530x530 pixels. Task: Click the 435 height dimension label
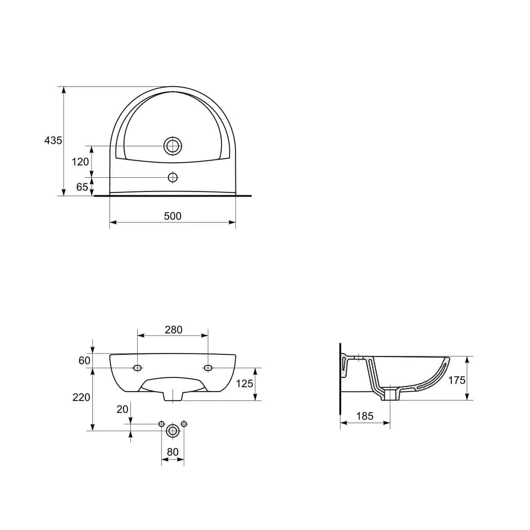coord(53,141)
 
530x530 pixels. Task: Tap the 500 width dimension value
coord(173,216)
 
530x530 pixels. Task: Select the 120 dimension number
coord(80,162)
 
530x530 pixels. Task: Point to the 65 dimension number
coord(82,187)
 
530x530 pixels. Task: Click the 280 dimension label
coord(174,330)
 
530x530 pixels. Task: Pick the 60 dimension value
coord(85,361)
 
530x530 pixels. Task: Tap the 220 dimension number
coord(81,397)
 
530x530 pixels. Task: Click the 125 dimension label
coord(244,384)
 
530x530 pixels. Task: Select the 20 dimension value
coord(122,409)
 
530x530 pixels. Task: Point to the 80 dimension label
coord(173,452)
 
